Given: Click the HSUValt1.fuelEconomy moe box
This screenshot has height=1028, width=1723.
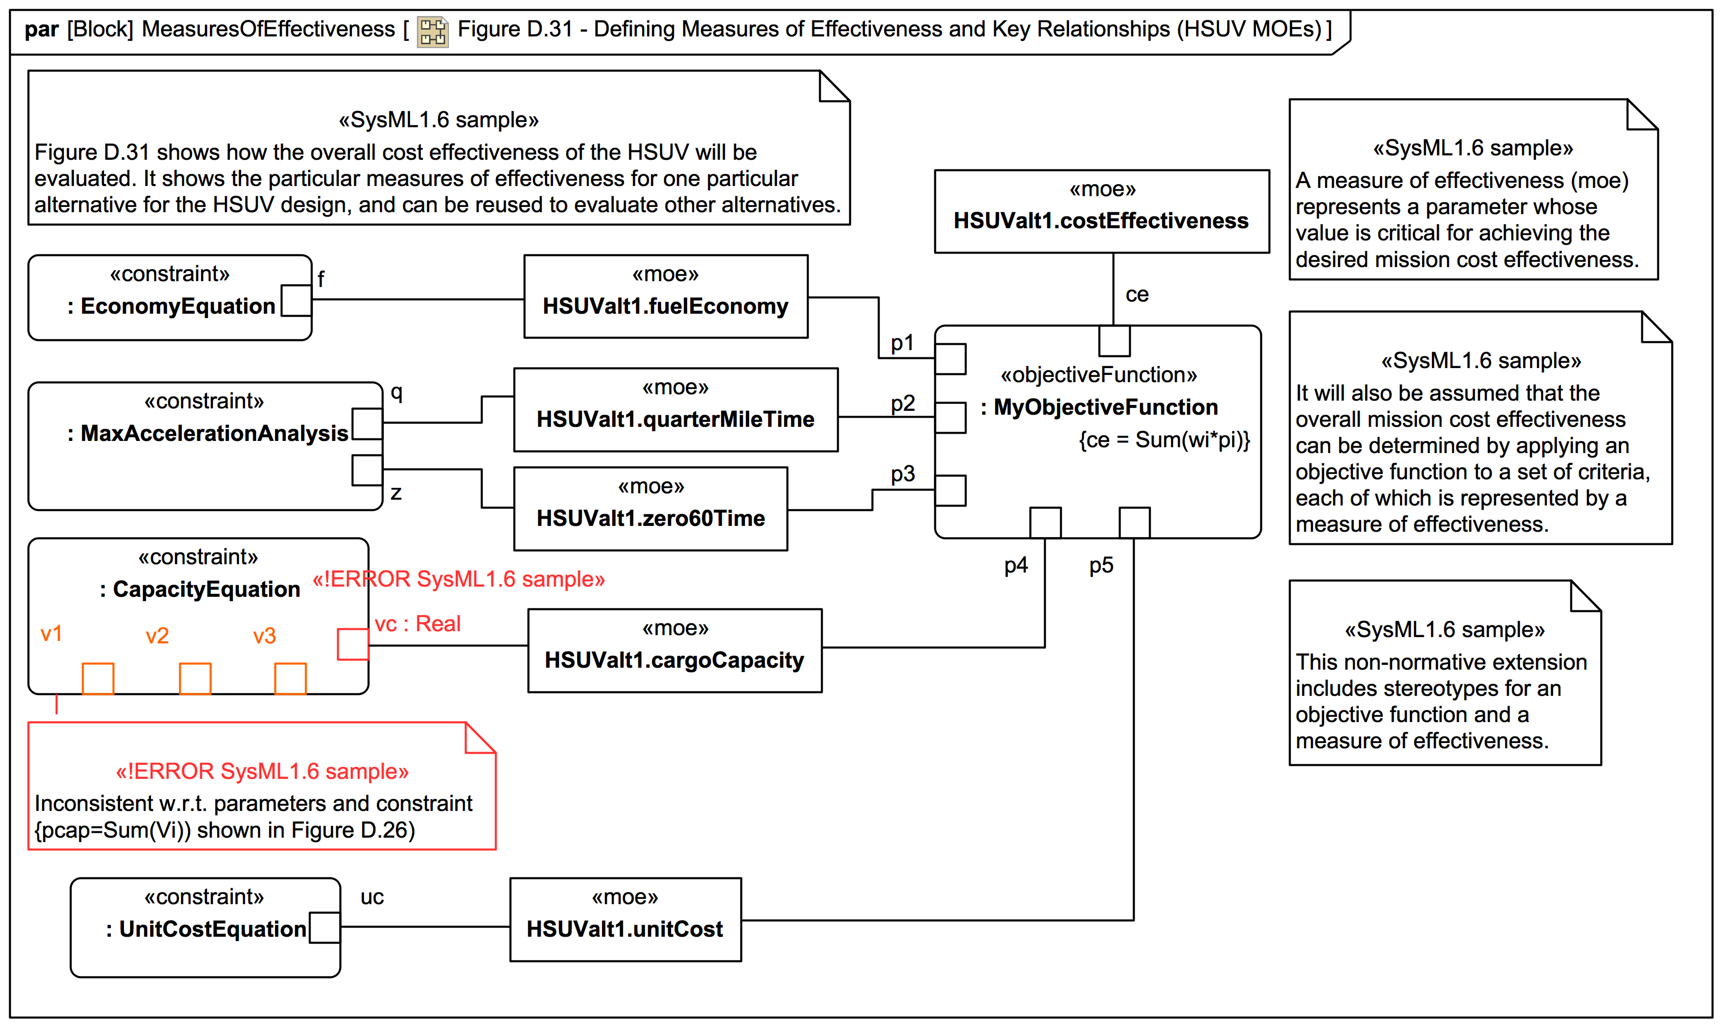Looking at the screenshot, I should coord(665,297).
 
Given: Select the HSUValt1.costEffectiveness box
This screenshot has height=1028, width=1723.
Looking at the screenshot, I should coord(1102,211).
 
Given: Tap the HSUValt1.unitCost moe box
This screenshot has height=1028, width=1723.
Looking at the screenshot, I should coord(625,919).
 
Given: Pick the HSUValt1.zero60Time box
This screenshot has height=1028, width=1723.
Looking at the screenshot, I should coord(650,508).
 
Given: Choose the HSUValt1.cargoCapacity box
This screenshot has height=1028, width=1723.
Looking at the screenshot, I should coord(674,651).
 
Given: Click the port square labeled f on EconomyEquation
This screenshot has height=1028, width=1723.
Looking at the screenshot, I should coord(296,301).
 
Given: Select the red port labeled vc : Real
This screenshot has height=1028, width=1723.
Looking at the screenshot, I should coord(352,644).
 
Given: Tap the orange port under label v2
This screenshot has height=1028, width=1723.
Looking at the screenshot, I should coord(195,678).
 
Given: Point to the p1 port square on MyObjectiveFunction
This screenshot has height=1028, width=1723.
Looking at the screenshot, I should coord(950,359).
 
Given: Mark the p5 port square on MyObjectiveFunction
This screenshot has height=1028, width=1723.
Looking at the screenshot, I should coord(1134,522).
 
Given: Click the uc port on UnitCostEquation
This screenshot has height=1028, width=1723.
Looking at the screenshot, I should coord(325,927).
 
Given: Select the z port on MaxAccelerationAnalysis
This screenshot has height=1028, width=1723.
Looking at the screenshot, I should coord(367,471).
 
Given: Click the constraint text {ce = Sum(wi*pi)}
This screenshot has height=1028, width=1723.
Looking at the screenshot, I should coord(1164,440).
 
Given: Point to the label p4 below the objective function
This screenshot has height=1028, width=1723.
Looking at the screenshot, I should coord(1016,565).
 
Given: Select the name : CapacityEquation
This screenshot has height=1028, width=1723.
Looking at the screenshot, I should coord(200,590).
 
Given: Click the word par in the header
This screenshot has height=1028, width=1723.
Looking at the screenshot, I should coord(42,29).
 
